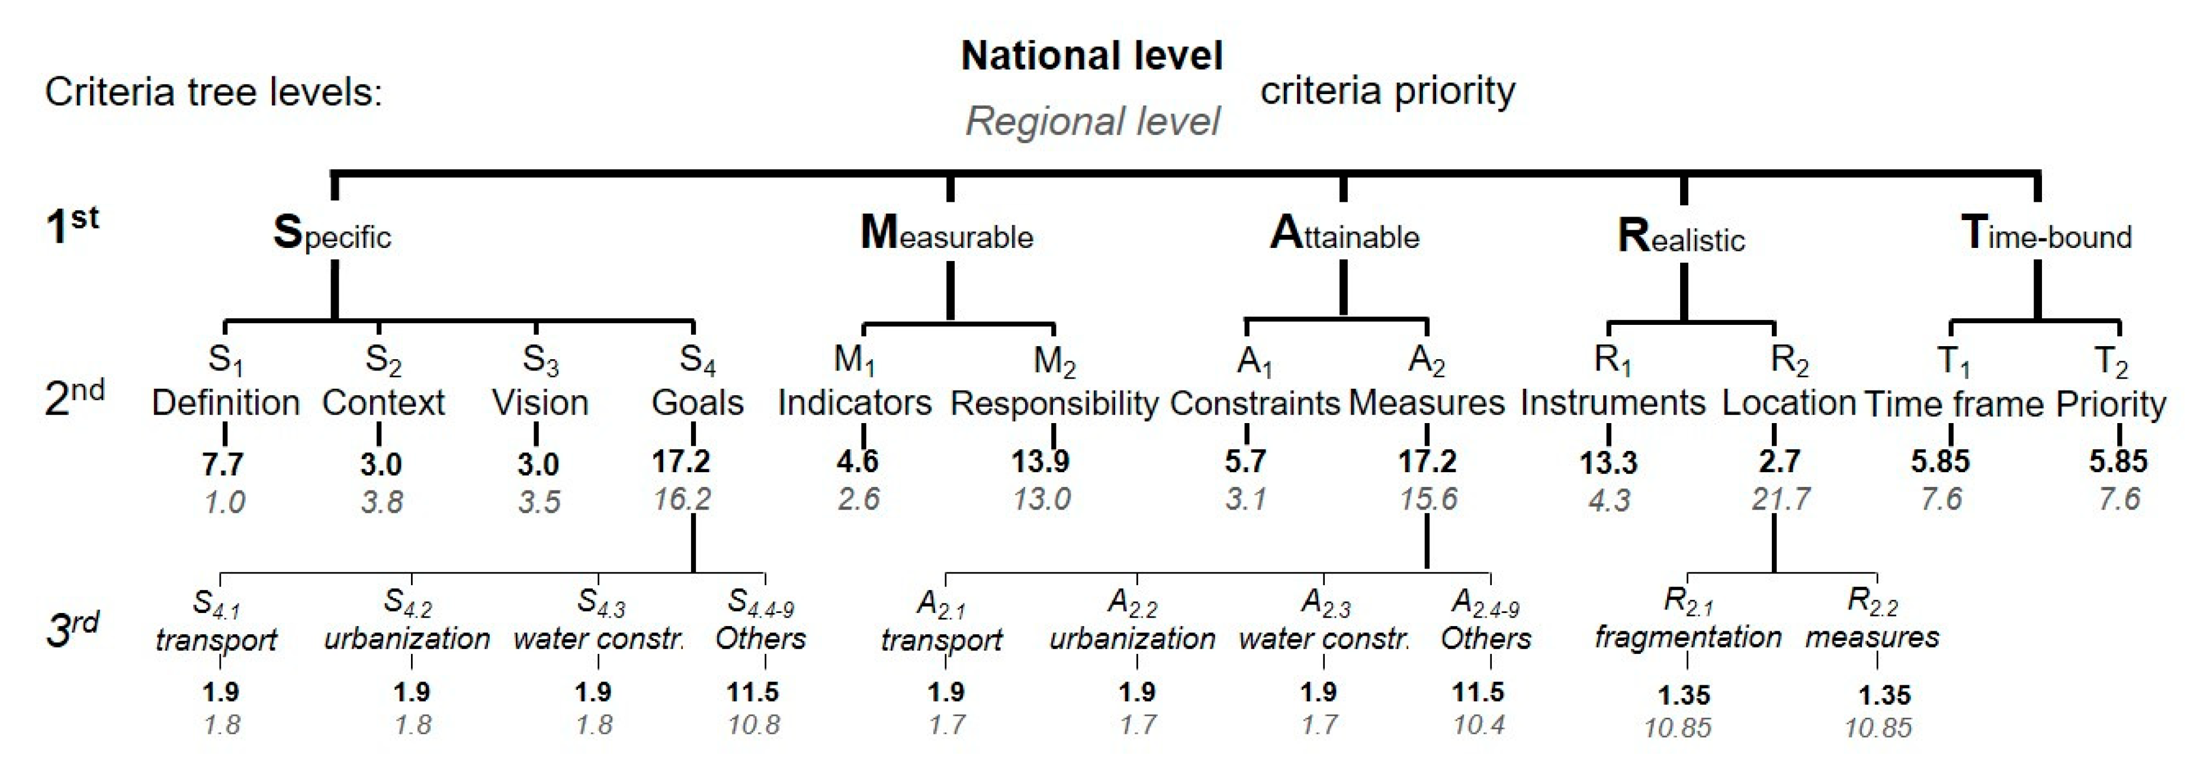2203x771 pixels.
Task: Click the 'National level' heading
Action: coord(1091,56)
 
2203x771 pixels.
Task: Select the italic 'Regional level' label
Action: coord(1092,121)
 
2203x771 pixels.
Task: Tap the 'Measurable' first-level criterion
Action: coord(947,233)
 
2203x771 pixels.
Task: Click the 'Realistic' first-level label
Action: coord(1681,237)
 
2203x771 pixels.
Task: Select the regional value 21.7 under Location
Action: coord(1780,498)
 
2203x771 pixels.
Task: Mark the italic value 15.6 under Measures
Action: coord(1427,498)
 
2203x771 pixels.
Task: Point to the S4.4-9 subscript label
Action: coord(760,604)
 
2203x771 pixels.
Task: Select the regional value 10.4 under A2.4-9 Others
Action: coord(1479,725)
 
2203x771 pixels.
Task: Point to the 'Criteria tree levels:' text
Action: coord(214,92)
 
